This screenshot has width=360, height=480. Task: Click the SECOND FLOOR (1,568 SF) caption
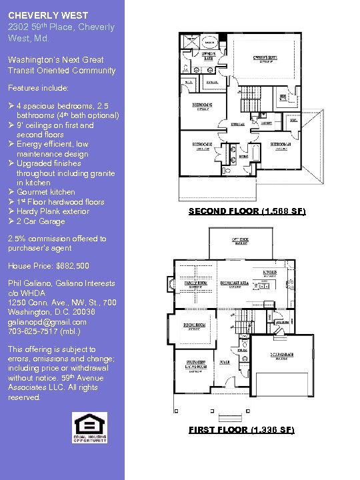(247, 211)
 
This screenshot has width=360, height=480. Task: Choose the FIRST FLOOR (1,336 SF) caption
(241, 430)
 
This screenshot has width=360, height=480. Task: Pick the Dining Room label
(193, 325)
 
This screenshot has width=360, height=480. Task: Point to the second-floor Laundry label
(266, 123)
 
